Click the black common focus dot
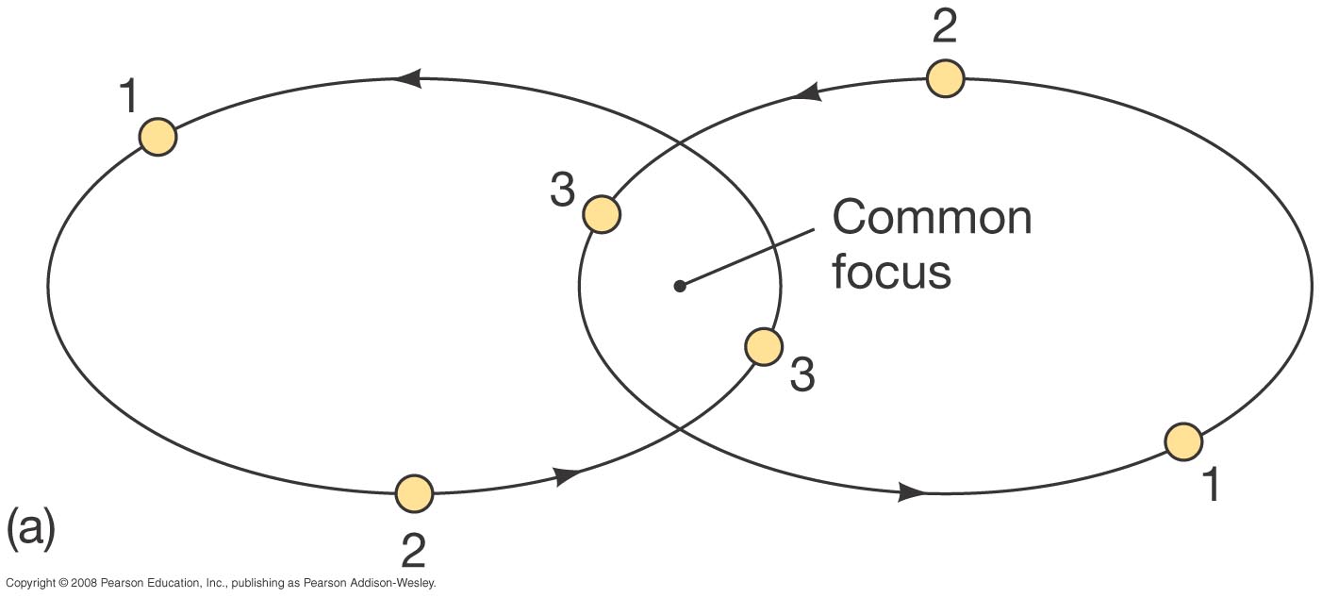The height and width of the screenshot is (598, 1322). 679,285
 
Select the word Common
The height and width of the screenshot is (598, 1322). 932,218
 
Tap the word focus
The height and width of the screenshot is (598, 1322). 891,271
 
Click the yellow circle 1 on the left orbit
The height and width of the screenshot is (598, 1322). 157,137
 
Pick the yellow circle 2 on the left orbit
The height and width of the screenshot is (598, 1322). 413,492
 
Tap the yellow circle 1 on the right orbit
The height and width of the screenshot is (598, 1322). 1182,440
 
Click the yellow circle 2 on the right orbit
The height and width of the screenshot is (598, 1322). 945,78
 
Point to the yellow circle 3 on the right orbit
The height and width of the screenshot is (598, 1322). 601,214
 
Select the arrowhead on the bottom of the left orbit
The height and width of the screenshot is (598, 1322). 566,475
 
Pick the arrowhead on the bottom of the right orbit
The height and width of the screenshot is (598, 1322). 911,491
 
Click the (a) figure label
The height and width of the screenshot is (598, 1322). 30,529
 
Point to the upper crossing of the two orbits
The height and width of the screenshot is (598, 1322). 680,143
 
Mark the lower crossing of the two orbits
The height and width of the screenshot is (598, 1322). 680,429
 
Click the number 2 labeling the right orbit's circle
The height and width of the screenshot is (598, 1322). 944,28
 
